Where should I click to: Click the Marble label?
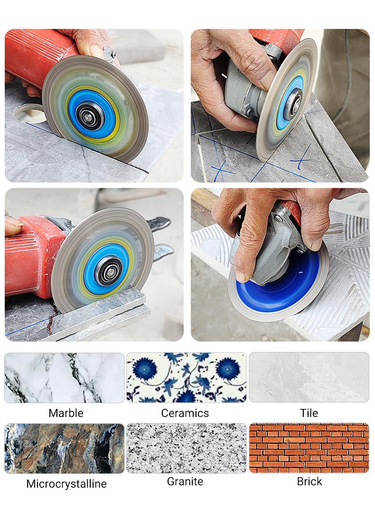[66, 413]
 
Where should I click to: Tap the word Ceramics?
[185, 413]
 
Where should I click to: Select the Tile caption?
[309, 413]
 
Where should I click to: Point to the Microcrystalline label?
[66, 484]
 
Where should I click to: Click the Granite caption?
[185, 481]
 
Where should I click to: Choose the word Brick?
[309, 481]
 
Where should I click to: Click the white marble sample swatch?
[65, 378]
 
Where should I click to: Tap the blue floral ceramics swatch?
[186, 378]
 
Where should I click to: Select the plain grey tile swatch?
[309, 378]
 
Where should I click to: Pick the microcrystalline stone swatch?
[65, 448]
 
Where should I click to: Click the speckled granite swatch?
[186, 448]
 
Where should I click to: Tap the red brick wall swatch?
[309, 448]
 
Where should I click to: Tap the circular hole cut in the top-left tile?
[29, 113]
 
